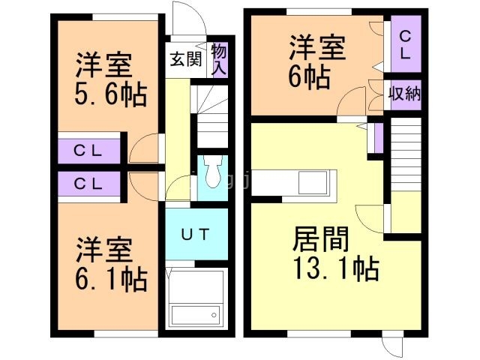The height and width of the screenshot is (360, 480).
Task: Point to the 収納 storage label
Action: (x=404, y=94)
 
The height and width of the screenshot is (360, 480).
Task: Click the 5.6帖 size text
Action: (x=109, y=96)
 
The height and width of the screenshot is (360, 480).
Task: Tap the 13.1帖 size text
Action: (x=334, y=268)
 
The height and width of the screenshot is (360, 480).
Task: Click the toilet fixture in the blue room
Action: (x=212, y=173)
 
